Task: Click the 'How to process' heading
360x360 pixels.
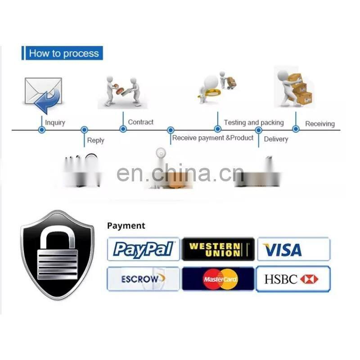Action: pyautogui.click(x=63, y=54)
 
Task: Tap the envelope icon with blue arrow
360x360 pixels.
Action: pyautogui.click(x=43, y=94)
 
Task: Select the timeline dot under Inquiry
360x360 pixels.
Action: pyautogui.click(x=42, y=130)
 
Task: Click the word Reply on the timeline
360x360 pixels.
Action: pyautogui.click(x=95, y=140)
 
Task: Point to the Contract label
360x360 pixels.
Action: pyautogui.click(x=140, y=122)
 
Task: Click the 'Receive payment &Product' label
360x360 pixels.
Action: pyautogui.click(x=213, y=138)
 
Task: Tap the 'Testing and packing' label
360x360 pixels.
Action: pyautogui.click(x=254, y=122)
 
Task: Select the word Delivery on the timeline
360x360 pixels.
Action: pyautogui.click(x=276, y=139)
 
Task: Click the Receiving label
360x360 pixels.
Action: pyautogui.click(x=320, y=124)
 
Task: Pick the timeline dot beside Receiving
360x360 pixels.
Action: pyautogui.click(x=296, y=130)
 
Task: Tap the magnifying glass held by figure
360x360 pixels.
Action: pyautogui.click(x=205, y=94)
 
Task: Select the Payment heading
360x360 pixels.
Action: pyautogui.click(x=126, y=226)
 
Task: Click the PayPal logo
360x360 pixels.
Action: pyautogui.click(x=144, y=249)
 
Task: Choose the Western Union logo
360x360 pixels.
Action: pyautogui.click(x=218, y=249)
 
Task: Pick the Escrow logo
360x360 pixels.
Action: pyautogui.click(x=144, y=279)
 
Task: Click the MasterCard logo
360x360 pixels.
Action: pyautogui.click(x=218, y=279)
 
